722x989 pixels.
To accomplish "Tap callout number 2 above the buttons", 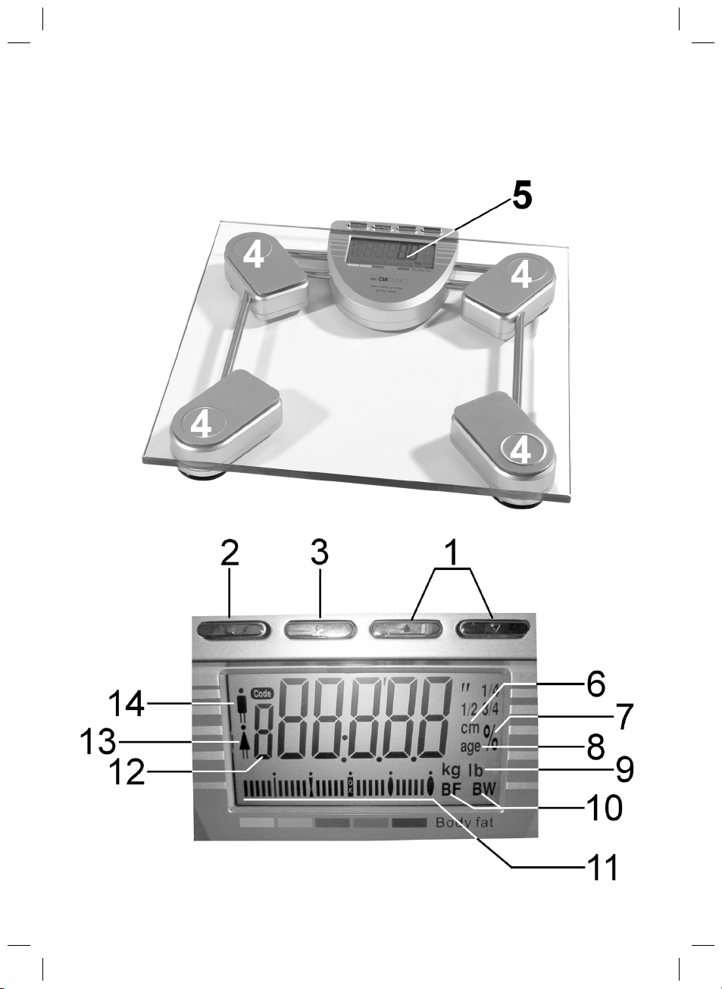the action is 230,554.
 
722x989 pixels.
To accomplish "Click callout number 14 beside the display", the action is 126,704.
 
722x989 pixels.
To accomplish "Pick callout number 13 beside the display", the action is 98,741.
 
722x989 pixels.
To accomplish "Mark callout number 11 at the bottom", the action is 603,867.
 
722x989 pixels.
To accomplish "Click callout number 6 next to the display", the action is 596,684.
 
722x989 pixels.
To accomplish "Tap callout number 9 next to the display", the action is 624,770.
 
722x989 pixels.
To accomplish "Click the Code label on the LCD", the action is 262,693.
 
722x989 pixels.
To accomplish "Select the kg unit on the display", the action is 452,771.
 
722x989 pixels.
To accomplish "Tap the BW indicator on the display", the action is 483,789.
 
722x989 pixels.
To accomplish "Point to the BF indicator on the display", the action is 452,789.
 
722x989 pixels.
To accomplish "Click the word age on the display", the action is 470,747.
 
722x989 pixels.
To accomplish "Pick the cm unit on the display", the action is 470,728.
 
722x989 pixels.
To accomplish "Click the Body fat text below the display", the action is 464,823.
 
